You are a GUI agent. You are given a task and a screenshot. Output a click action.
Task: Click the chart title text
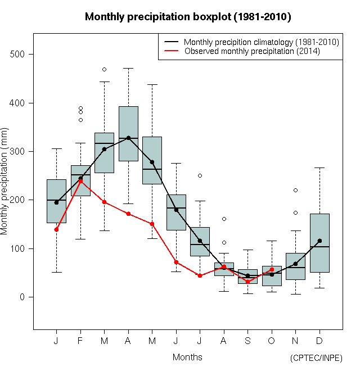click(188, 17)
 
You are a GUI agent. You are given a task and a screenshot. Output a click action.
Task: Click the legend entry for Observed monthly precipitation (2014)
click(252, 51)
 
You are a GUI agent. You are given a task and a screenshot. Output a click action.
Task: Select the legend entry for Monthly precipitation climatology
click(261, 42)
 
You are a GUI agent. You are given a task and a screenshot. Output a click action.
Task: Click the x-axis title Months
click(187, 358)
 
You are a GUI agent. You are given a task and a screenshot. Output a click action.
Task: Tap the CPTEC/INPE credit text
click(316, 358)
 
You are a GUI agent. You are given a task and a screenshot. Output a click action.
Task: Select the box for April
click(128, 133)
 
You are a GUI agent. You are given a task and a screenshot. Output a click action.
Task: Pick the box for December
click(319, 242)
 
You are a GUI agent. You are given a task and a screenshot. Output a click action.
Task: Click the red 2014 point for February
click(80, 181)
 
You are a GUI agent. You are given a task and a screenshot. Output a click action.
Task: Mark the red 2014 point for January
click(56, 229)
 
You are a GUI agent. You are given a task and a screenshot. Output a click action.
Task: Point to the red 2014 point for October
click(272, 269)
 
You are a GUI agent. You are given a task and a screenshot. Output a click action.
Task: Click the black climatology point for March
click(104, 149)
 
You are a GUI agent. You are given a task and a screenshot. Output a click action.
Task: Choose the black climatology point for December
click(319, 241)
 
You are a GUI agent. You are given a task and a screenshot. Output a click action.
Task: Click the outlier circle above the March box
click(104, 69)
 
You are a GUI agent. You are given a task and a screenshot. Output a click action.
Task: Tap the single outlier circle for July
click(200, 175)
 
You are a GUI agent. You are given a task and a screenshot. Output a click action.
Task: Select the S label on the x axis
click(247, 341)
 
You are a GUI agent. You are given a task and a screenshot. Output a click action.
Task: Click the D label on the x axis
click(319, 341)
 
